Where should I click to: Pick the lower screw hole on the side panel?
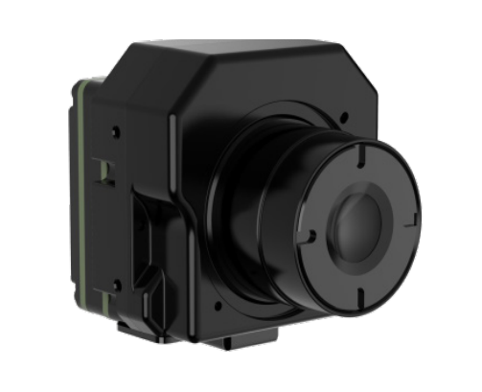pyautogui.click(x=117, y=285)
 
